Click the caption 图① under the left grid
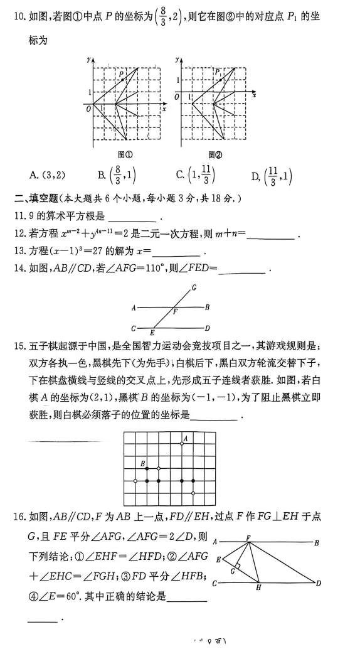(x=125, y=154)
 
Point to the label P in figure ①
(x=121, y=74)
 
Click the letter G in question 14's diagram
(x=194, y=287)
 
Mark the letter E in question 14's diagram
(x=152, y=333)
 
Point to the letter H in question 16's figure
(x=258, y=587)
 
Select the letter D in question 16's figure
(x=318, y=583)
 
